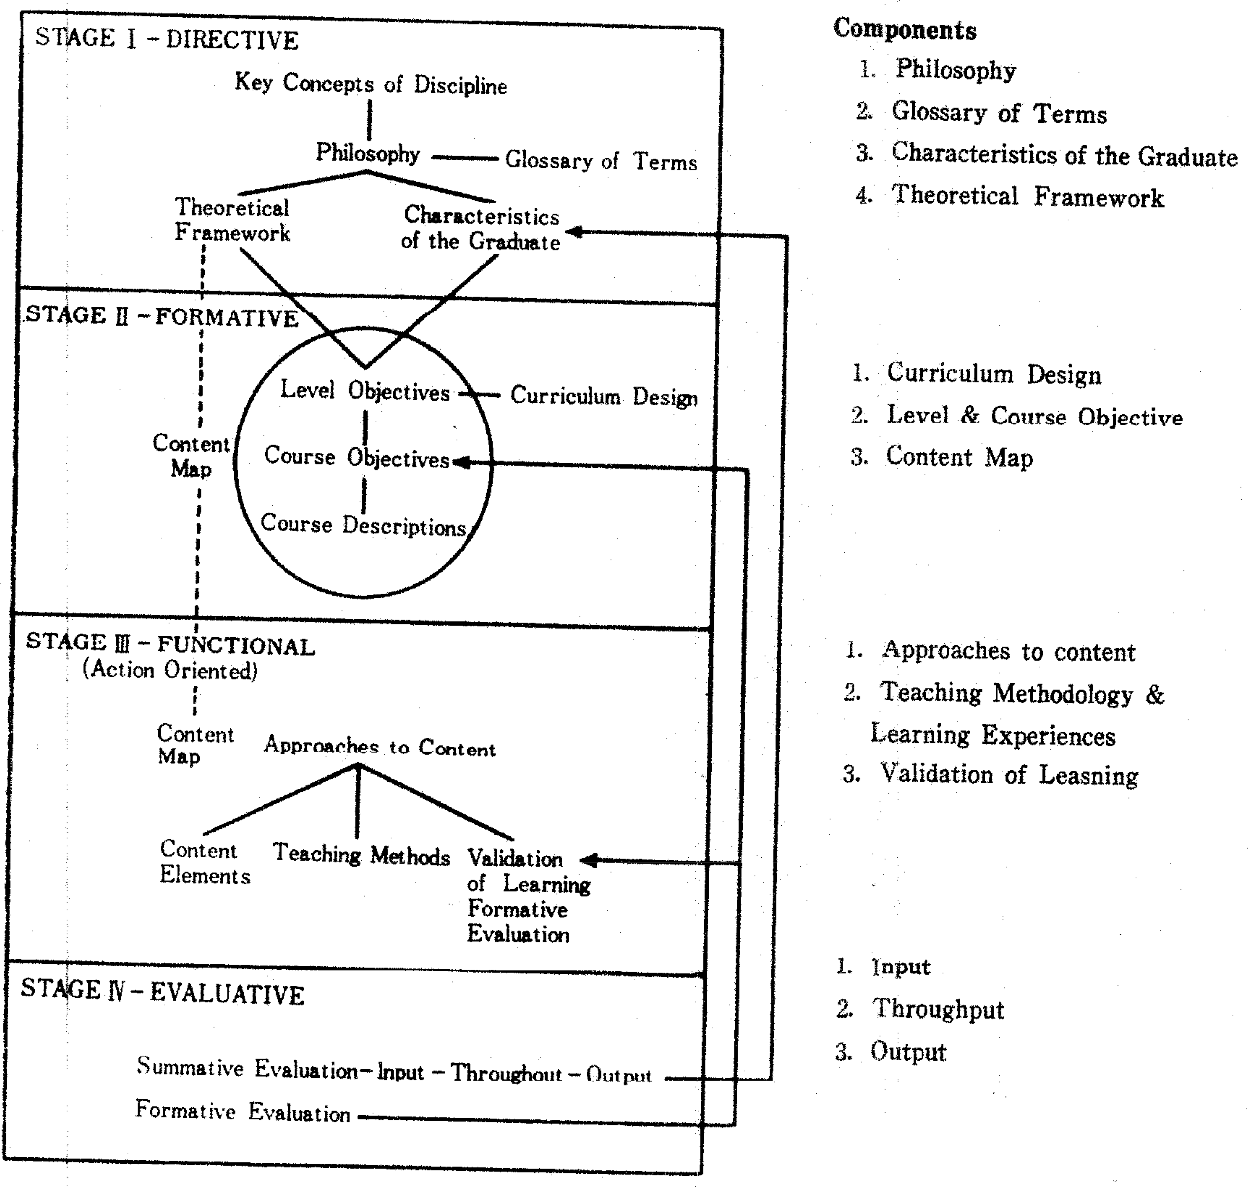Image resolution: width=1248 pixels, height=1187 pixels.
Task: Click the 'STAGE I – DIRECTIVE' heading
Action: click(166, 39)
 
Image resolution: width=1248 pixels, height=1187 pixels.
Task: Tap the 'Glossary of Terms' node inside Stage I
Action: click(600, 161)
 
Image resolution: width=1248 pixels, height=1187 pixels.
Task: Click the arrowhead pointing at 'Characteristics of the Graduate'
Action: click(574, 232)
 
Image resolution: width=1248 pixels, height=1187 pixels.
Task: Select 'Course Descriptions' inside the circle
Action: click(364, 526)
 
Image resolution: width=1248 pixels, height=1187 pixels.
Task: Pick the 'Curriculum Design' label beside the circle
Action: click(603, 397)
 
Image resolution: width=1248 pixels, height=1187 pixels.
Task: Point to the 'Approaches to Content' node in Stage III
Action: click(379, 747)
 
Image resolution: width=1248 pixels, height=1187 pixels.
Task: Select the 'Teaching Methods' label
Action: click(362, 855)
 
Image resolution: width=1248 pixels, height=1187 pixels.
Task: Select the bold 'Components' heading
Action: click(904, 30)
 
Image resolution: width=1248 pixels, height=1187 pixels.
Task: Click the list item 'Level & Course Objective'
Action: click(1034, 416)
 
